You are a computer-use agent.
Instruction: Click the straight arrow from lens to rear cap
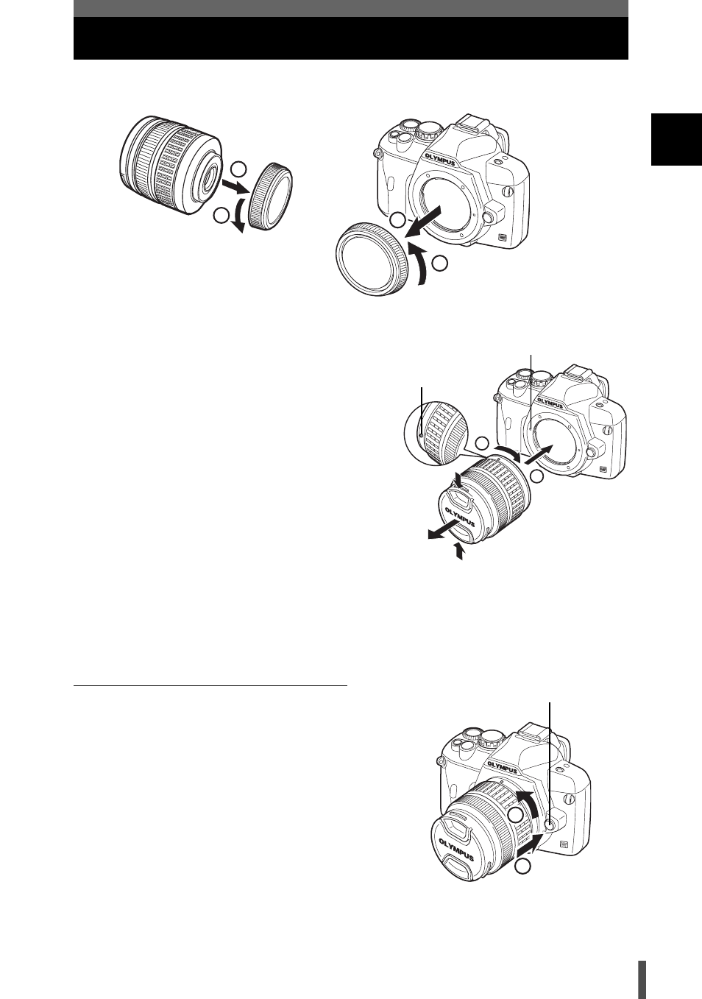tap(235, 187)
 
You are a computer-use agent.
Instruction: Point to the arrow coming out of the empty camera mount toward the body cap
tap(425, 221)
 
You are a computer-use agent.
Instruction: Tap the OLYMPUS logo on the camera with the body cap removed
tap(440, 159)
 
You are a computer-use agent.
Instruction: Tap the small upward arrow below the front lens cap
tap(458, 550)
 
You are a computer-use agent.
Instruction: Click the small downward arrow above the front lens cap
tap(459, 480)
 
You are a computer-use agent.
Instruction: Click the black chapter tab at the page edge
tap(676, 140)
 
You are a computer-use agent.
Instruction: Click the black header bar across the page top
tap(351, 38)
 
